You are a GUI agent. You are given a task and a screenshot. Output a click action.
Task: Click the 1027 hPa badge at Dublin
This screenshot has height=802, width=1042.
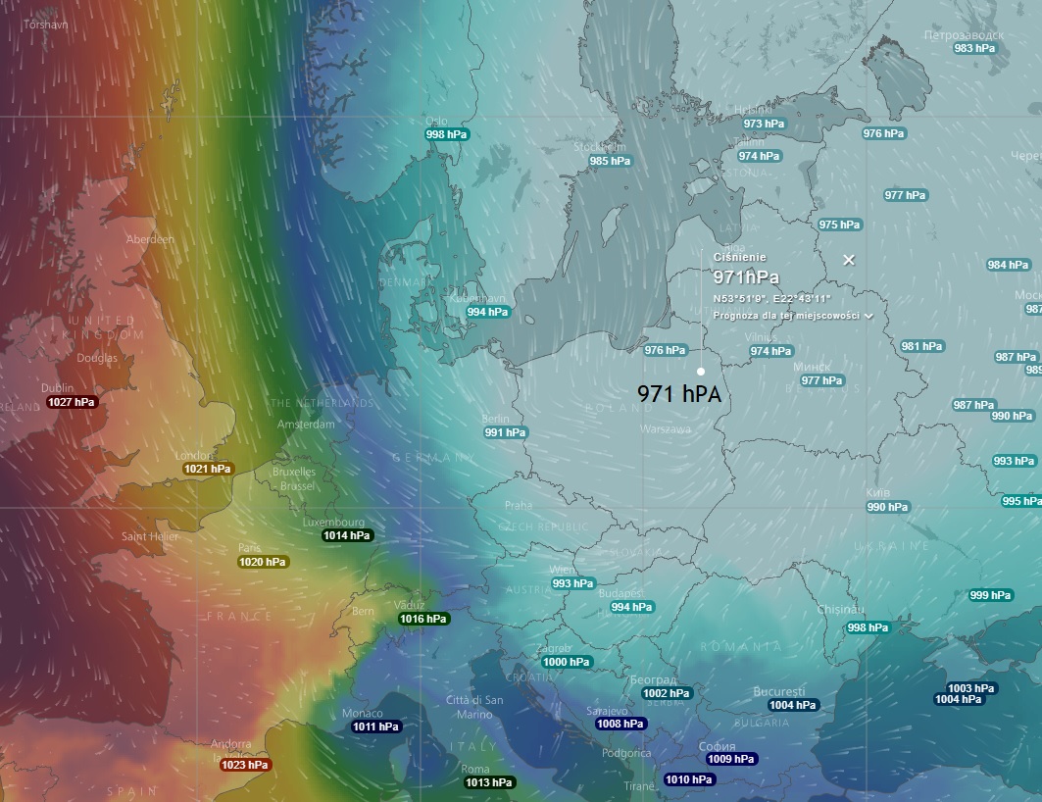(x=73, y=402)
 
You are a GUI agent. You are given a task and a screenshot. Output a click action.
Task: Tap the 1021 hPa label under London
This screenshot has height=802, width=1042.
(x=208, y=470)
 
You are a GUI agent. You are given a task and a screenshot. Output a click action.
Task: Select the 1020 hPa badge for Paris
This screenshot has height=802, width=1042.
(x=263, y=563)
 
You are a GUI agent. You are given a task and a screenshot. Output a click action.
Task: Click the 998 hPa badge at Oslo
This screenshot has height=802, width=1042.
(x=447, y=134)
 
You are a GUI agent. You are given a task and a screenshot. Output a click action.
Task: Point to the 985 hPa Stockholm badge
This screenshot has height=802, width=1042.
(x=611, y=161)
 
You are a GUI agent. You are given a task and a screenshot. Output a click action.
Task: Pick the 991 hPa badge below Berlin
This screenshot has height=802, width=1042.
(x=506, y=432)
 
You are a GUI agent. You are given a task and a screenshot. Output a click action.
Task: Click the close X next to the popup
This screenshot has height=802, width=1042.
(x=849, y=260)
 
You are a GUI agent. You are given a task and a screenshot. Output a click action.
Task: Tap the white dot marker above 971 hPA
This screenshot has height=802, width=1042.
(x=701, y=372)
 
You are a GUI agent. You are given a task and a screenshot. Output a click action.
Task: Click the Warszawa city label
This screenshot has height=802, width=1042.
(x=666, y=429)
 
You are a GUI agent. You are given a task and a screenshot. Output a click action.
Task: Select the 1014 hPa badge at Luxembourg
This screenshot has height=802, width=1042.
(x=348, y=536)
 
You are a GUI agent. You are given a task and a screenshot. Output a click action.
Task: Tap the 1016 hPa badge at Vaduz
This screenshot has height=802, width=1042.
(x=423, y=619)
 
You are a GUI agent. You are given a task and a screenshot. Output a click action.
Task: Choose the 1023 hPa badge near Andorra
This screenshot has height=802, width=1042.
(x=245, y=765)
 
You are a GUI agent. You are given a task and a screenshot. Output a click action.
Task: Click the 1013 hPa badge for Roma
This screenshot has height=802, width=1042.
(x=489, y=782)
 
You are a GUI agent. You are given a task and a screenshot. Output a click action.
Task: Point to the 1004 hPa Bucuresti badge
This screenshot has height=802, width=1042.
(x=792, y=705)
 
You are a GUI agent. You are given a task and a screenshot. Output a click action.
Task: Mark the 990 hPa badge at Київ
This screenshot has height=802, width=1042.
(x=887, y=508)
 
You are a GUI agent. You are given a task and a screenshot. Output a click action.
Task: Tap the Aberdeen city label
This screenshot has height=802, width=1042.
(x=150, y=239)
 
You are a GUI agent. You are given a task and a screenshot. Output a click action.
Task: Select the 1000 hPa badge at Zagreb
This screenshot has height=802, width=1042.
(x=567, y=662)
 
